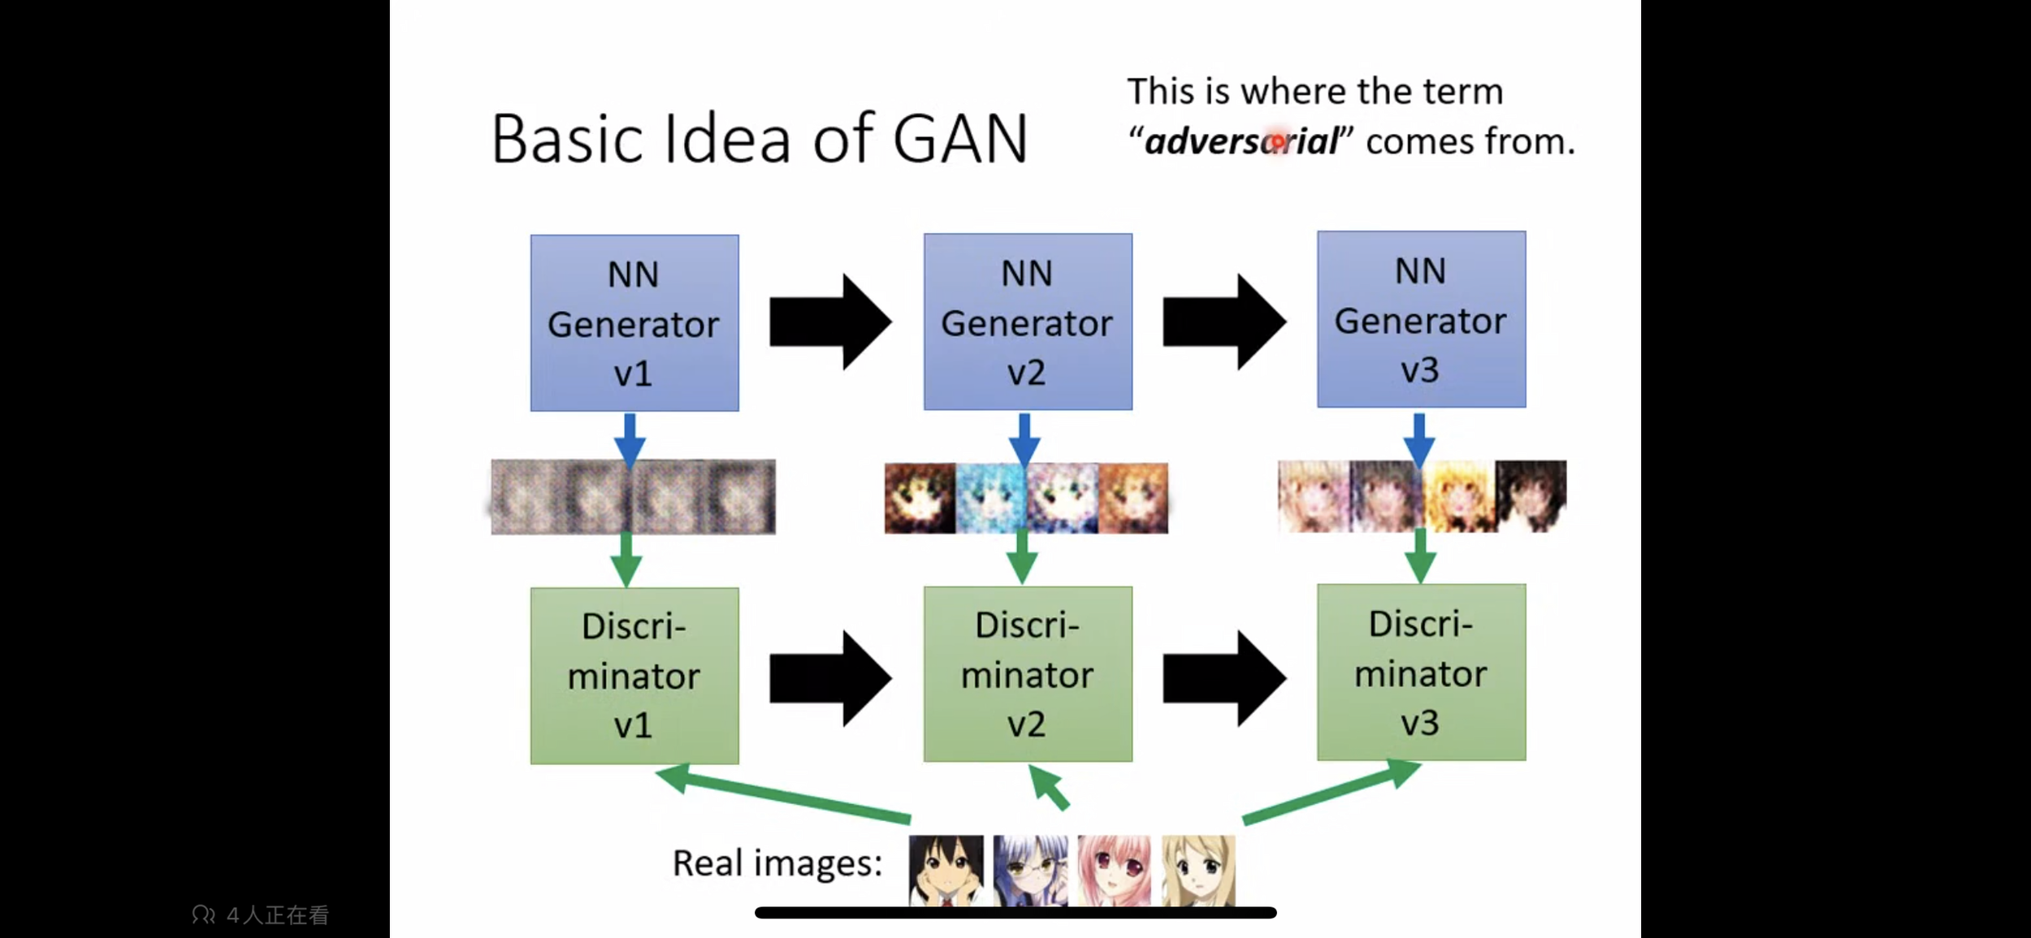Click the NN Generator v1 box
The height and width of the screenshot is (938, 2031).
634,323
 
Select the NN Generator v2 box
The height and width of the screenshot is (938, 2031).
1028,322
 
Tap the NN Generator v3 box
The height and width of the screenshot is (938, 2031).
1421,319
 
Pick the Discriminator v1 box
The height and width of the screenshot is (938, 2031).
634,676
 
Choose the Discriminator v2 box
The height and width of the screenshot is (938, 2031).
1028,674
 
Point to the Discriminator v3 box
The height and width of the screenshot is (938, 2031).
1421,672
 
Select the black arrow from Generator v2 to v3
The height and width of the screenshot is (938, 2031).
1223,322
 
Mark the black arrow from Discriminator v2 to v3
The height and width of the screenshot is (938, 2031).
1223,678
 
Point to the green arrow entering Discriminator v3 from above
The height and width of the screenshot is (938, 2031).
1420,556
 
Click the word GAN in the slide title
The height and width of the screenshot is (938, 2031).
960,139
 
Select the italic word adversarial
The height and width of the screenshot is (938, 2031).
1241,142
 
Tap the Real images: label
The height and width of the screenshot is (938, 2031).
777,863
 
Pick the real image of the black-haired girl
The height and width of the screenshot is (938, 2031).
946,871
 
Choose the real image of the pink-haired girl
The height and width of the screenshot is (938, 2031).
1114,871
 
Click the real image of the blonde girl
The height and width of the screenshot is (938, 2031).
1198,871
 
